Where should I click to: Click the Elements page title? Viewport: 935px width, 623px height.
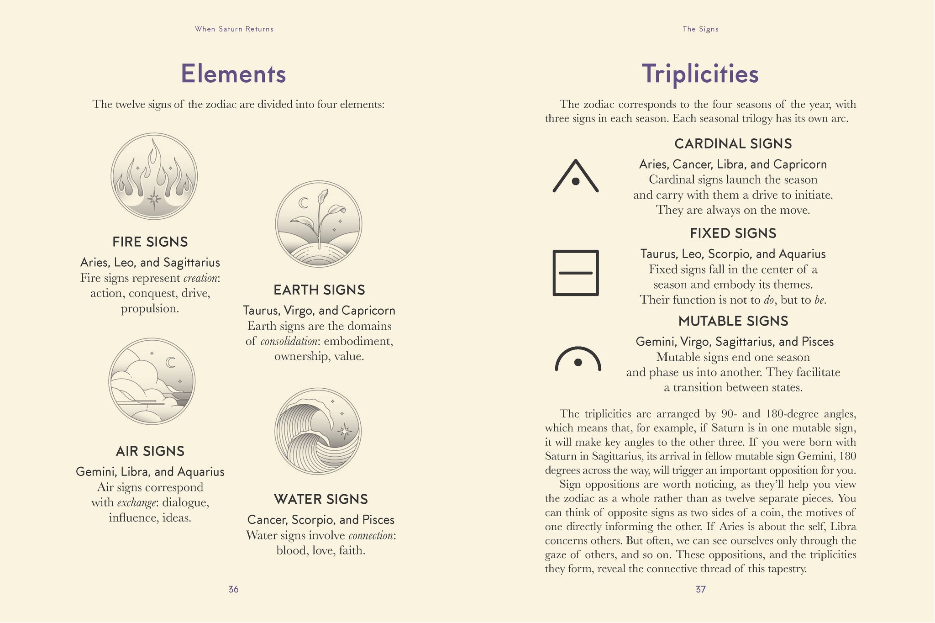click(233, 74)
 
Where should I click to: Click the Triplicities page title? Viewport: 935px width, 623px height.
click(700, 74)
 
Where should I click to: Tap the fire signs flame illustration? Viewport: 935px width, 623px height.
click(154, 176)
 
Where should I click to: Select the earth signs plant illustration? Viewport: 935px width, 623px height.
click(319, 224)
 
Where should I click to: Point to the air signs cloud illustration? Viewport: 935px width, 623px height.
click(152, 381)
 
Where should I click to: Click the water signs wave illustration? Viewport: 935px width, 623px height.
click(318, 431)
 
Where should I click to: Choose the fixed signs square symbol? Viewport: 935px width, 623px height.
click(576, 273)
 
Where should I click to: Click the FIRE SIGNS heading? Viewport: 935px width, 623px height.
click(150, 242)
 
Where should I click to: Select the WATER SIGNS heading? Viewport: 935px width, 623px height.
click(321, 499)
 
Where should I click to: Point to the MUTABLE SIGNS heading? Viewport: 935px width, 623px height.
click(733, 321)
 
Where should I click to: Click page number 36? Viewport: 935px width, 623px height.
click(233, 589)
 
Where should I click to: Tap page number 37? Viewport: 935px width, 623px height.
click(701, 589)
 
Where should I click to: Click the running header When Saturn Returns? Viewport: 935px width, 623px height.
click(234, 29)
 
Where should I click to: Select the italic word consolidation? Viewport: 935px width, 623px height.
click(289, 341)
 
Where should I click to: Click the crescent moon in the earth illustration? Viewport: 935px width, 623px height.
click(303, 203)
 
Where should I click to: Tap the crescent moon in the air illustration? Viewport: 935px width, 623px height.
click(171, 362)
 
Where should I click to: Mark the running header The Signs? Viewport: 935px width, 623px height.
click(701, 29)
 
